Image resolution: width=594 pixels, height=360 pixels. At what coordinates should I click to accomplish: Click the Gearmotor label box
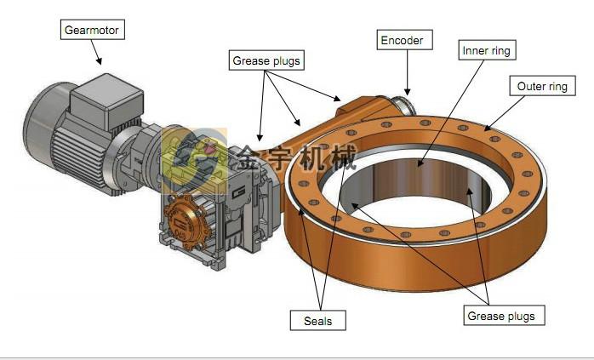tap(93, 30)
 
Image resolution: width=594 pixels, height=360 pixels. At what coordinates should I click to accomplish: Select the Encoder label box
tap(404, 40)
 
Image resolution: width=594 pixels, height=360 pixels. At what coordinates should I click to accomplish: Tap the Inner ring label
tap(487, 50)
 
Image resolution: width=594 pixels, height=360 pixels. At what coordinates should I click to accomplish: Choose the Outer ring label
tap(542, 86)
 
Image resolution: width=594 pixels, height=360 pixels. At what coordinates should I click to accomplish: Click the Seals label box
tap(317, 321)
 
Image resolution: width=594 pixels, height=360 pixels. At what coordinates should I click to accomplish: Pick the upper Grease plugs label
tap(266, 60)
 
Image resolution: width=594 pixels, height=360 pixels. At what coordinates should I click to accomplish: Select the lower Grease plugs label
tap(504, 315)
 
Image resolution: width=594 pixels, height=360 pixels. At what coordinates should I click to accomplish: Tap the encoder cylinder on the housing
tap(403, 106)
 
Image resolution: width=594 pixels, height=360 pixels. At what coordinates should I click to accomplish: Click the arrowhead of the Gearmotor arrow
tap(100, 61)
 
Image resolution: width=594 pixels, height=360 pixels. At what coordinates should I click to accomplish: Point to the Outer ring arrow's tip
tap(486, 129)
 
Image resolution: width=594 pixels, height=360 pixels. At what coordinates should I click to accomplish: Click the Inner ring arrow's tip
tap(418, 164)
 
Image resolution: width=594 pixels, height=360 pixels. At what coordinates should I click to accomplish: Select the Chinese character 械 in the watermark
tap(343, 157)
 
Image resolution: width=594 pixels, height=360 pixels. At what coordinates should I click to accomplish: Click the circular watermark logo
tap(195, 161)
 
